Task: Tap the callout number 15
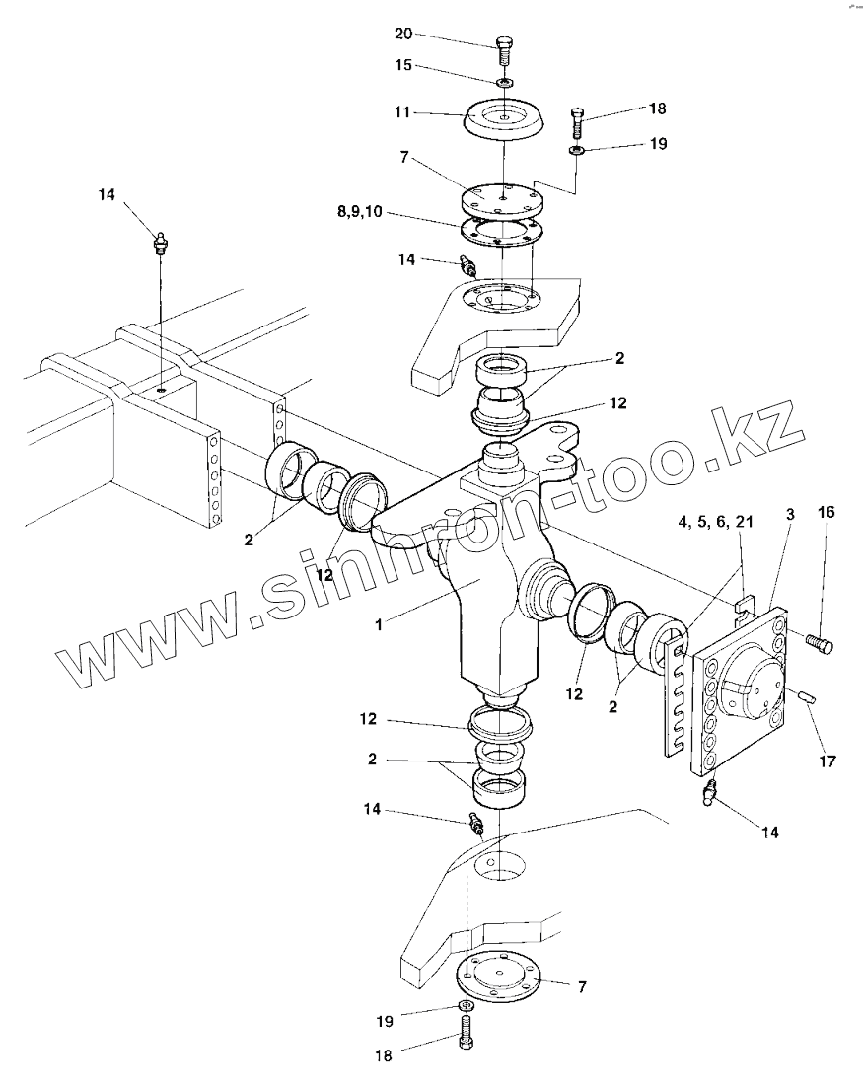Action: (403, 66)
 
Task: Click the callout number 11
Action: (403, 113)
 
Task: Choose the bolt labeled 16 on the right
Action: (820, 644)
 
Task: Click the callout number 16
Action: (826, 512)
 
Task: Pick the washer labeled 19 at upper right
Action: (576, 150)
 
